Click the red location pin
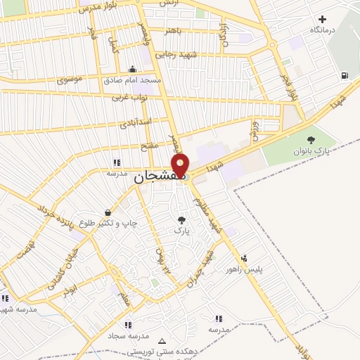tap(181, 166)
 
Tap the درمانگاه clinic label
tap(323, 30)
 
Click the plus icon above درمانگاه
tap(323, 19)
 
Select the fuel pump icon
tap(344, 76)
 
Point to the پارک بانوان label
tap(311, 152)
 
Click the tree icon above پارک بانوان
tap(311, 140)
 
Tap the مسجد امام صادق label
tap(134, 80)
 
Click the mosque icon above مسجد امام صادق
tap(133, 69)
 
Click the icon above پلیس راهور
tap(244, 257)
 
